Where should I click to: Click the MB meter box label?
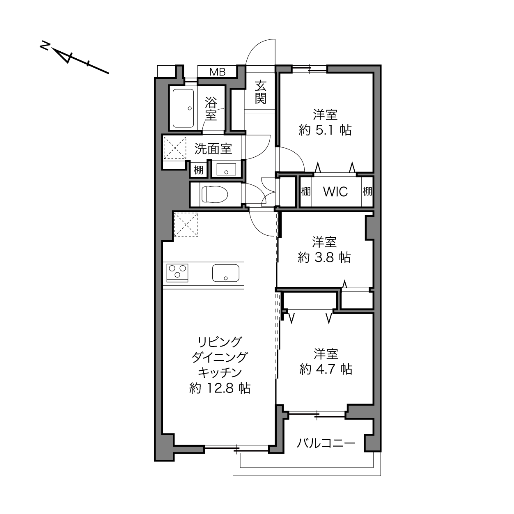click(x=218, y=72)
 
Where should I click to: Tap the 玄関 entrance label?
click(x=261, y=92)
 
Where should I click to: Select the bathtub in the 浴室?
click(x=183, y=108)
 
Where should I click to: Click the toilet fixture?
click(x=215, y=194)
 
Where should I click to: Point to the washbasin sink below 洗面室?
click(x=226, y=170)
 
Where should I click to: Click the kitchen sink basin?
click(x=226, y=273)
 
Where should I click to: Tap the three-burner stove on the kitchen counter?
click(x=177, y=273)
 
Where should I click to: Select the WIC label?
click(x=335, y=191)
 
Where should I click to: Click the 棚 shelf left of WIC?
click(x=306, y=191)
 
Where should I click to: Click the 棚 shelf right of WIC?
click(x=367, y=191)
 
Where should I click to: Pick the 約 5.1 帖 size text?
click(x=325, y=130)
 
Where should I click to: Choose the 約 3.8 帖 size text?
click(x=324, y=258)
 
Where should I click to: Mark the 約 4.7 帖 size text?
click(x=326, y=369)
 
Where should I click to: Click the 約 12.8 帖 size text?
click(x=220, y=388)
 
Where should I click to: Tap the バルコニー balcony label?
click(x=326, y=443)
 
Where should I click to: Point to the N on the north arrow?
click(x=45, y=46)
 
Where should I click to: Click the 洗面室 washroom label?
click(x=213, y=149)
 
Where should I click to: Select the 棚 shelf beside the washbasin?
click(x=198, y=170)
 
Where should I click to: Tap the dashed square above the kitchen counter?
click(x=186, y=224)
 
